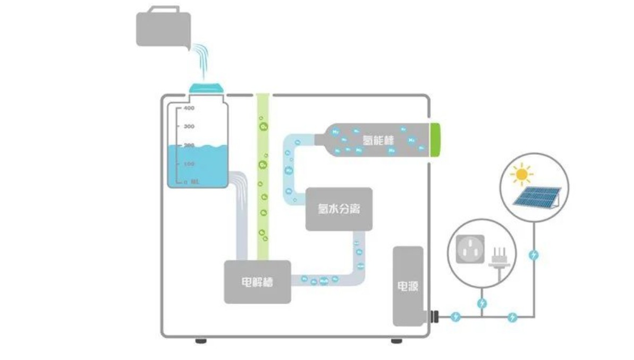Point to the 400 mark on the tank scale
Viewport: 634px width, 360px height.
189,108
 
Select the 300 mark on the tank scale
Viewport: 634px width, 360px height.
189,127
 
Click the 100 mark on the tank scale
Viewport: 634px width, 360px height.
189,164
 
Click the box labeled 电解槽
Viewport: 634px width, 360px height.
257,282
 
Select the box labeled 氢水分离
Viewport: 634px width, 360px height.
339,208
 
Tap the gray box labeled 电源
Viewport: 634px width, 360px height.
408,286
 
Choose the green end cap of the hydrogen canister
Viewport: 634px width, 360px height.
435,140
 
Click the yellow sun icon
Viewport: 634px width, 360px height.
521,174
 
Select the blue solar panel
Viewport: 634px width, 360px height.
536,197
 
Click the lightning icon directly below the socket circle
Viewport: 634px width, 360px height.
481,303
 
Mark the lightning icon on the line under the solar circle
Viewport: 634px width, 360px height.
534,255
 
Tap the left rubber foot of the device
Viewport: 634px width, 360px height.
200,341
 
